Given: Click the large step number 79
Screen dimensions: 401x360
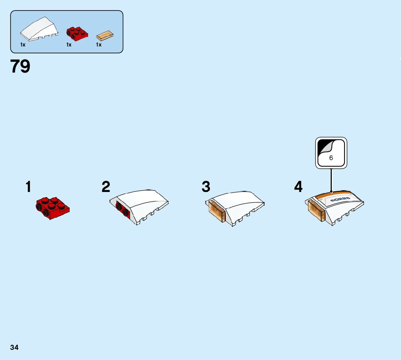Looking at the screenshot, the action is pyautogui.click(x=20, y=66).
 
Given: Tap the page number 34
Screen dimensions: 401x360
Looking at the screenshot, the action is pyautogui.click(x=15, y=347).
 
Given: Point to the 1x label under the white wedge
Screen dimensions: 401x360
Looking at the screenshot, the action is pyautogui.click(x=23, y=45).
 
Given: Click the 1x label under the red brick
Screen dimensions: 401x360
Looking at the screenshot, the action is pyautogui.click(x=69, y=45).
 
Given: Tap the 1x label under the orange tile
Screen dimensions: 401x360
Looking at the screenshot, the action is pyautogui.click(x=99, y=45).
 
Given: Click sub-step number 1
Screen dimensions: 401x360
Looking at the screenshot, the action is pyautogui.click(x=28, y=187).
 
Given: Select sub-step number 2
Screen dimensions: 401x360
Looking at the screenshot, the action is pyautogui.click(x=106, y=187).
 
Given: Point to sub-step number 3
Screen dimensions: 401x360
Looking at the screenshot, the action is pyautogui.click(x=206, y=187).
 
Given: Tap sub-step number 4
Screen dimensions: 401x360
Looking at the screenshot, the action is pyautogui.click(x=298, y=187).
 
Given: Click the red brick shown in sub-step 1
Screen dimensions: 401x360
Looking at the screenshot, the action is pyautogui.click(x=52, y=208).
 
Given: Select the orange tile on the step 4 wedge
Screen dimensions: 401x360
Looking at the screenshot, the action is pyautogui.click(x=315, y=211).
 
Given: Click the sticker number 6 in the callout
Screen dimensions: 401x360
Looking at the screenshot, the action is pyautogui.click(x=331, y=158).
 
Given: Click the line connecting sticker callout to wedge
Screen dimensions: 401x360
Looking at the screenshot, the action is pyautogui.click(x=331, y=180).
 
